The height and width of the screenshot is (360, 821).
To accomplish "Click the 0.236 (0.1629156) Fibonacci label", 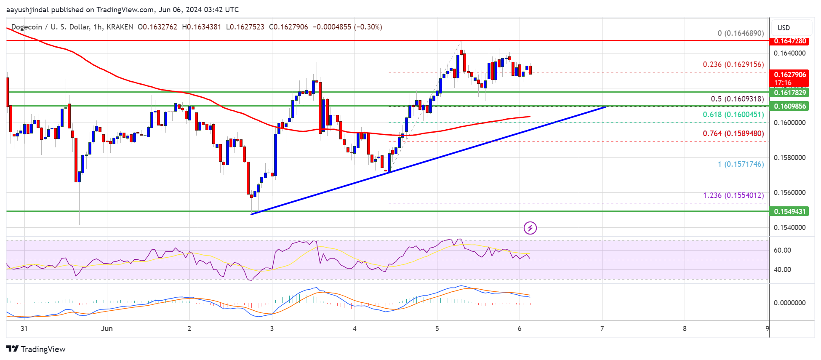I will pyautogui.click(x=733, y=64).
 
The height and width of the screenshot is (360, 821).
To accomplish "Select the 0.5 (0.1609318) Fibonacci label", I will pyautogui.click(x=737, y=99).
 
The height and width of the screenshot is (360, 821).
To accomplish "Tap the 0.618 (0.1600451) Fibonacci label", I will pyautogui.click(x=733, y=115).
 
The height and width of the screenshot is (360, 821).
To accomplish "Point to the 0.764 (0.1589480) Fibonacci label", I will pyautogui.click(x=733, y=133).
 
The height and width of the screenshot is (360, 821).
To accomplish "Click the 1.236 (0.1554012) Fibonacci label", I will pyautogui.click(x=733, y=195).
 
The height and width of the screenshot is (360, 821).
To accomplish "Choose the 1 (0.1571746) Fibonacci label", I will pyautogui.click(x=741, y=164).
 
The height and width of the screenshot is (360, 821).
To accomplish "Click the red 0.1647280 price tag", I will pyautogui.click(x=790, y=41).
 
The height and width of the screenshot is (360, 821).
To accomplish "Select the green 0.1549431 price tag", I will pyautogui.click(x=790, y=211).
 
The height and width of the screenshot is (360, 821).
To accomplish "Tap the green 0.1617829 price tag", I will pyautogui.click(x=790, y=93).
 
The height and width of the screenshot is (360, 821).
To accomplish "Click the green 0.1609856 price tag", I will pyautogui.click(x=790, y=106).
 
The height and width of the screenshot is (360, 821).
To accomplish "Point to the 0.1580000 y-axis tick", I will pyautogui.click(x=789, y=157).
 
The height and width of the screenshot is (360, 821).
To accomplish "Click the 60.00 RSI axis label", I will pyautogui.click(x=782, y=250).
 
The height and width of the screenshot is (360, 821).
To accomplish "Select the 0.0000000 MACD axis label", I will pyautogui.click(x=789, y=303).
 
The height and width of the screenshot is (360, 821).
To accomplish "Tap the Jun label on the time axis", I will pyautogui.click(x=107, y=328).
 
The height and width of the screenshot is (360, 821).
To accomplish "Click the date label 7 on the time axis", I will pyautogui.click(x=602, y=328).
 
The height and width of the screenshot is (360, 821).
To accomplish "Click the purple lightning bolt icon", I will pyautogui.click(x=530, y=228).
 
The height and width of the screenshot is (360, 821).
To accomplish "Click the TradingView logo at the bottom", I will pyautogui.click(x=36, y=349).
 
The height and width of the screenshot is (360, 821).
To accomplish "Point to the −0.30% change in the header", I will pyautogui.click(x=368, y=27).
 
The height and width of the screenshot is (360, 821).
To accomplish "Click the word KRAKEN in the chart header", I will pyautogui.click(x=120, y=27).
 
